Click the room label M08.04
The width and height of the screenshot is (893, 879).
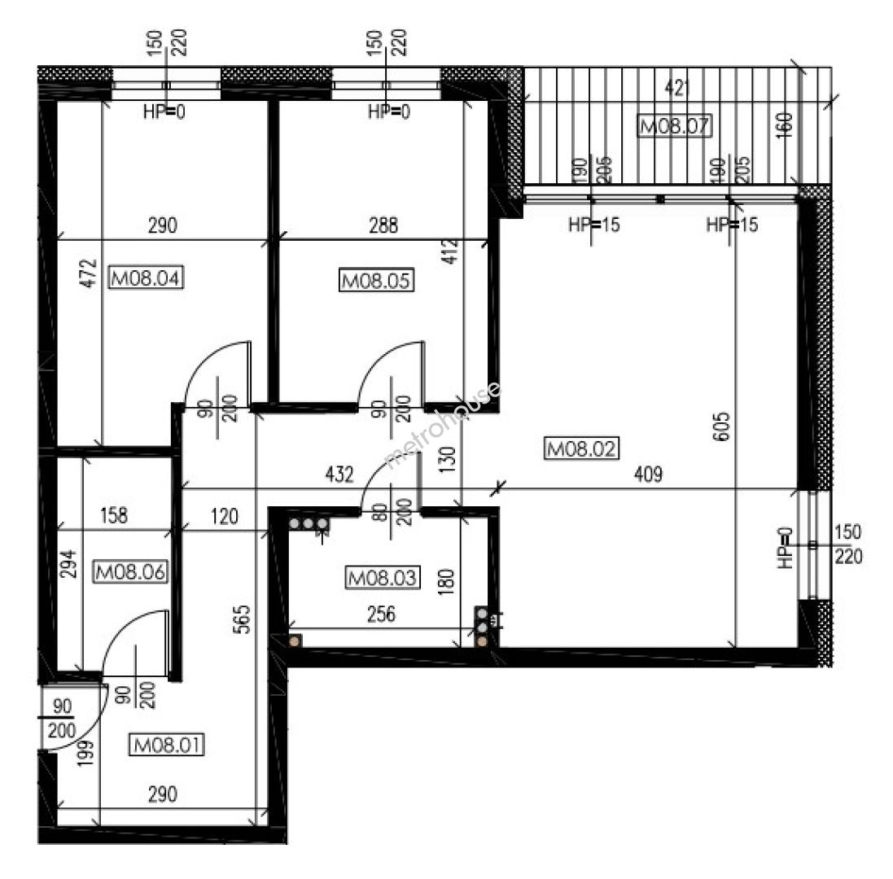pos(146,278)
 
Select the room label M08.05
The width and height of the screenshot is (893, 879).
pos(376,281)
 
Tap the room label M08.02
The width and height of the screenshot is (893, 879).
pos(581,448)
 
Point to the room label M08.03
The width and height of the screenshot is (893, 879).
pos(383,578)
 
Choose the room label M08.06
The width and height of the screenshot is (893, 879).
pos(130,571)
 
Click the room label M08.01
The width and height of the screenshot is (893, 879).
pos(167,745)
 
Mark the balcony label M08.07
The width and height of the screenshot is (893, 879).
pos(675,125)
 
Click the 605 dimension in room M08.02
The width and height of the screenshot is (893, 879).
pos(720,426)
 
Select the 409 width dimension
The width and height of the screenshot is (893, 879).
pos(648,474)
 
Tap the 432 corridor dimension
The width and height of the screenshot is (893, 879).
pos(339,474)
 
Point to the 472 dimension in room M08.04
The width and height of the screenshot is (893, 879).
pos(90,273)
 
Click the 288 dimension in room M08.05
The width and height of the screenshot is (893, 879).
pos(383,225)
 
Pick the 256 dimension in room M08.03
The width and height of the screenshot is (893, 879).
pos(381,614)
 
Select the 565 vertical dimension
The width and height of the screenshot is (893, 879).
pos(242,619)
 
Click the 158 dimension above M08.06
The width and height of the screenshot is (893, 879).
pos(114,515)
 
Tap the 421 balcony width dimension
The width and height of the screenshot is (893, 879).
pos(677,88)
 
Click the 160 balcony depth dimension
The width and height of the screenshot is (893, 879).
pos(784,125)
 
